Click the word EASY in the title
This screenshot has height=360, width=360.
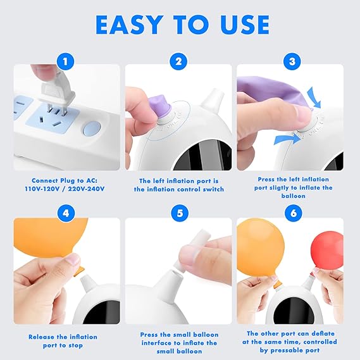pos(128,25)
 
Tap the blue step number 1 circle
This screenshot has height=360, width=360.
pos(65,61)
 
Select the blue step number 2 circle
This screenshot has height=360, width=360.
pos(178,61)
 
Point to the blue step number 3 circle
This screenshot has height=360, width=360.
pos(292,61)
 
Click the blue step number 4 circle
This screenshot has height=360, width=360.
pos(66,213)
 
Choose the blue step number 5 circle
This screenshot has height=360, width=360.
pos(180,213)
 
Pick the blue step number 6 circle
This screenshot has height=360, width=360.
pos(294,213)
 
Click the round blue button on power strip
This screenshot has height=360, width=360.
pos(92,128)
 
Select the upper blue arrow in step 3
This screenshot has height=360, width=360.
pos(314,97)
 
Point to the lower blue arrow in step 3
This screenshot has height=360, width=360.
pos(288,139)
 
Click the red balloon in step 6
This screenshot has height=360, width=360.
pos(326,251)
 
